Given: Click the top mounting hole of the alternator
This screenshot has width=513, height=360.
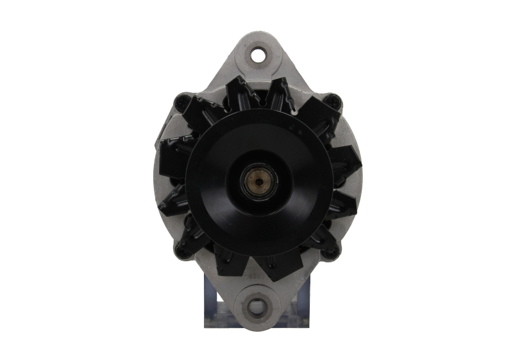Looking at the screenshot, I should [x=258, y=55].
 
